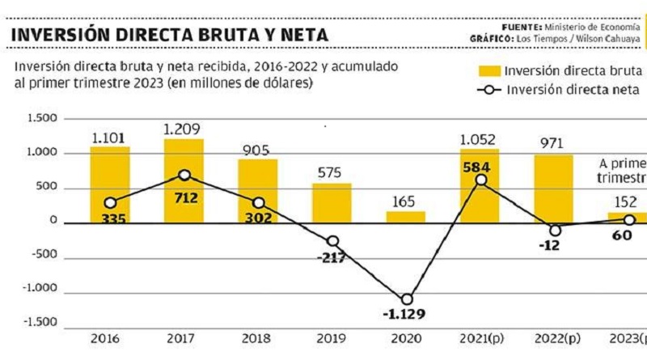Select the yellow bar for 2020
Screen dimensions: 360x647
406,217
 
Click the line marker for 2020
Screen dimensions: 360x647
406,299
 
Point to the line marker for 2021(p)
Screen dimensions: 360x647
480,180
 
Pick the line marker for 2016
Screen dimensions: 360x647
110,203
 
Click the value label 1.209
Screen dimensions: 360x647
182,129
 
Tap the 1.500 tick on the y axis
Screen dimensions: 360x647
43,119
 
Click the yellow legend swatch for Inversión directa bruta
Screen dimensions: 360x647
488,70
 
